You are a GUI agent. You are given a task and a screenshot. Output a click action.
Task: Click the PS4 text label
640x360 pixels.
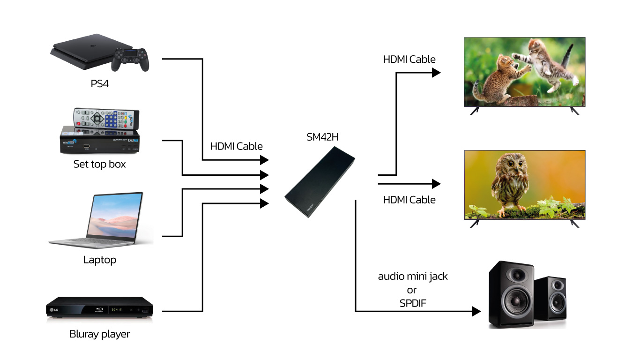click(x=99, y=84)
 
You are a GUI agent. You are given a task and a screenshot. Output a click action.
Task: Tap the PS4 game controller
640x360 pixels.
click(x=130, y=60)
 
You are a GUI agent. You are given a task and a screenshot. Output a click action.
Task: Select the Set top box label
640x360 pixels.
click(x=99, y=164)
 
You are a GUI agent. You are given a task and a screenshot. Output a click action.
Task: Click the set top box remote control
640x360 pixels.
click(x=106, y=119)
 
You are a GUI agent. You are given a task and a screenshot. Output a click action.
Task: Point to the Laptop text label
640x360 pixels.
click(x=99, y=260)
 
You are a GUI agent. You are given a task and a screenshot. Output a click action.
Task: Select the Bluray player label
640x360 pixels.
click(x=99, y=334)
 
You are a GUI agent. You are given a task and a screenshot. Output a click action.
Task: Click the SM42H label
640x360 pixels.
click(x=322, y=137)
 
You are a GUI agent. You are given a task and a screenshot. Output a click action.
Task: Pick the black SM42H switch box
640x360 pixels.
click(x=320, y=182)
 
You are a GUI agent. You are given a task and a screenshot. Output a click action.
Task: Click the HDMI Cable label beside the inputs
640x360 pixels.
click(x=236, y=146)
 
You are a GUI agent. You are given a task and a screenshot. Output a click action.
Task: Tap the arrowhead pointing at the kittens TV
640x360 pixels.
click(x=436, y=73)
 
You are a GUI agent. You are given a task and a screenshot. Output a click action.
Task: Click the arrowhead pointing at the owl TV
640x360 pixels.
click(x=436, y=184)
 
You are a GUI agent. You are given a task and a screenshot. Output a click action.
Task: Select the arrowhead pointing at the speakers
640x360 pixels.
click(x=476, y=311)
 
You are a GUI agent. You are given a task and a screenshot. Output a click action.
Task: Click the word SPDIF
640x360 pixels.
click(x=413, y=303)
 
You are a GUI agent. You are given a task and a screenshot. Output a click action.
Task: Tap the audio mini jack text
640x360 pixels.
click(x=413, y=277)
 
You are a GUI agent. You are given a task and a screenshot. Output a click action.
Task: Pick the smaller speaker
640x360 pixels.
click(x=551, y=299)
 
